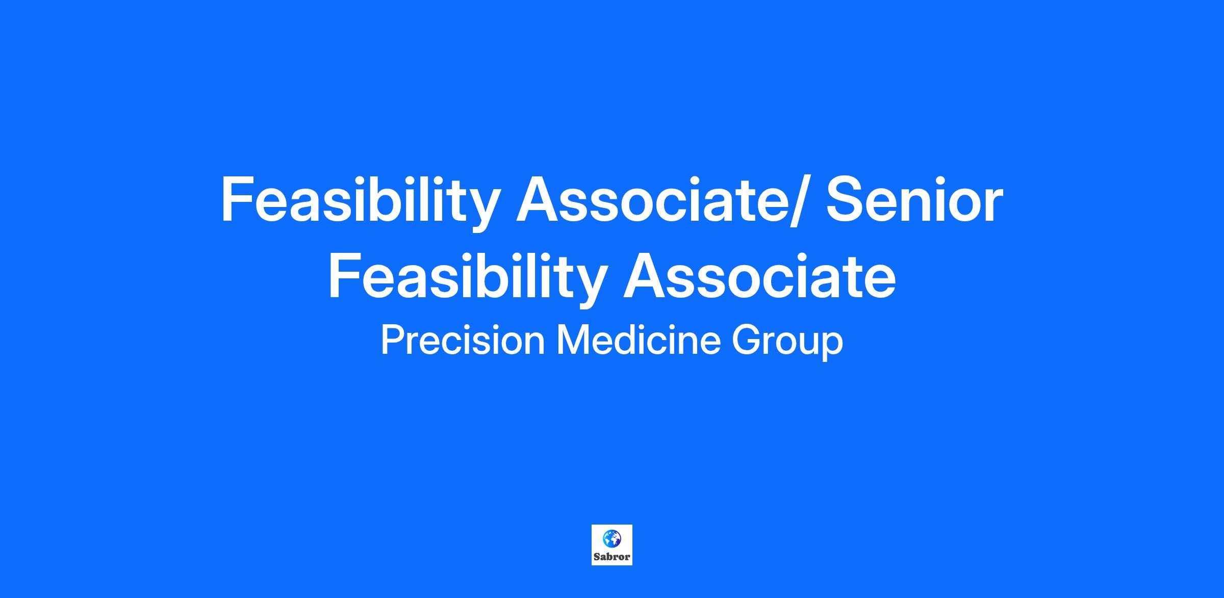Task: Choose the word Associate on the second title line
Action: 759,276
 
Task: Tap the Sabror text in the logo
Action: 612,557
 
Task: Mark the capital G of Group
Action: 747,340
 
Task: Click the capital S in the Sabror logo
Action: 596,557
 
